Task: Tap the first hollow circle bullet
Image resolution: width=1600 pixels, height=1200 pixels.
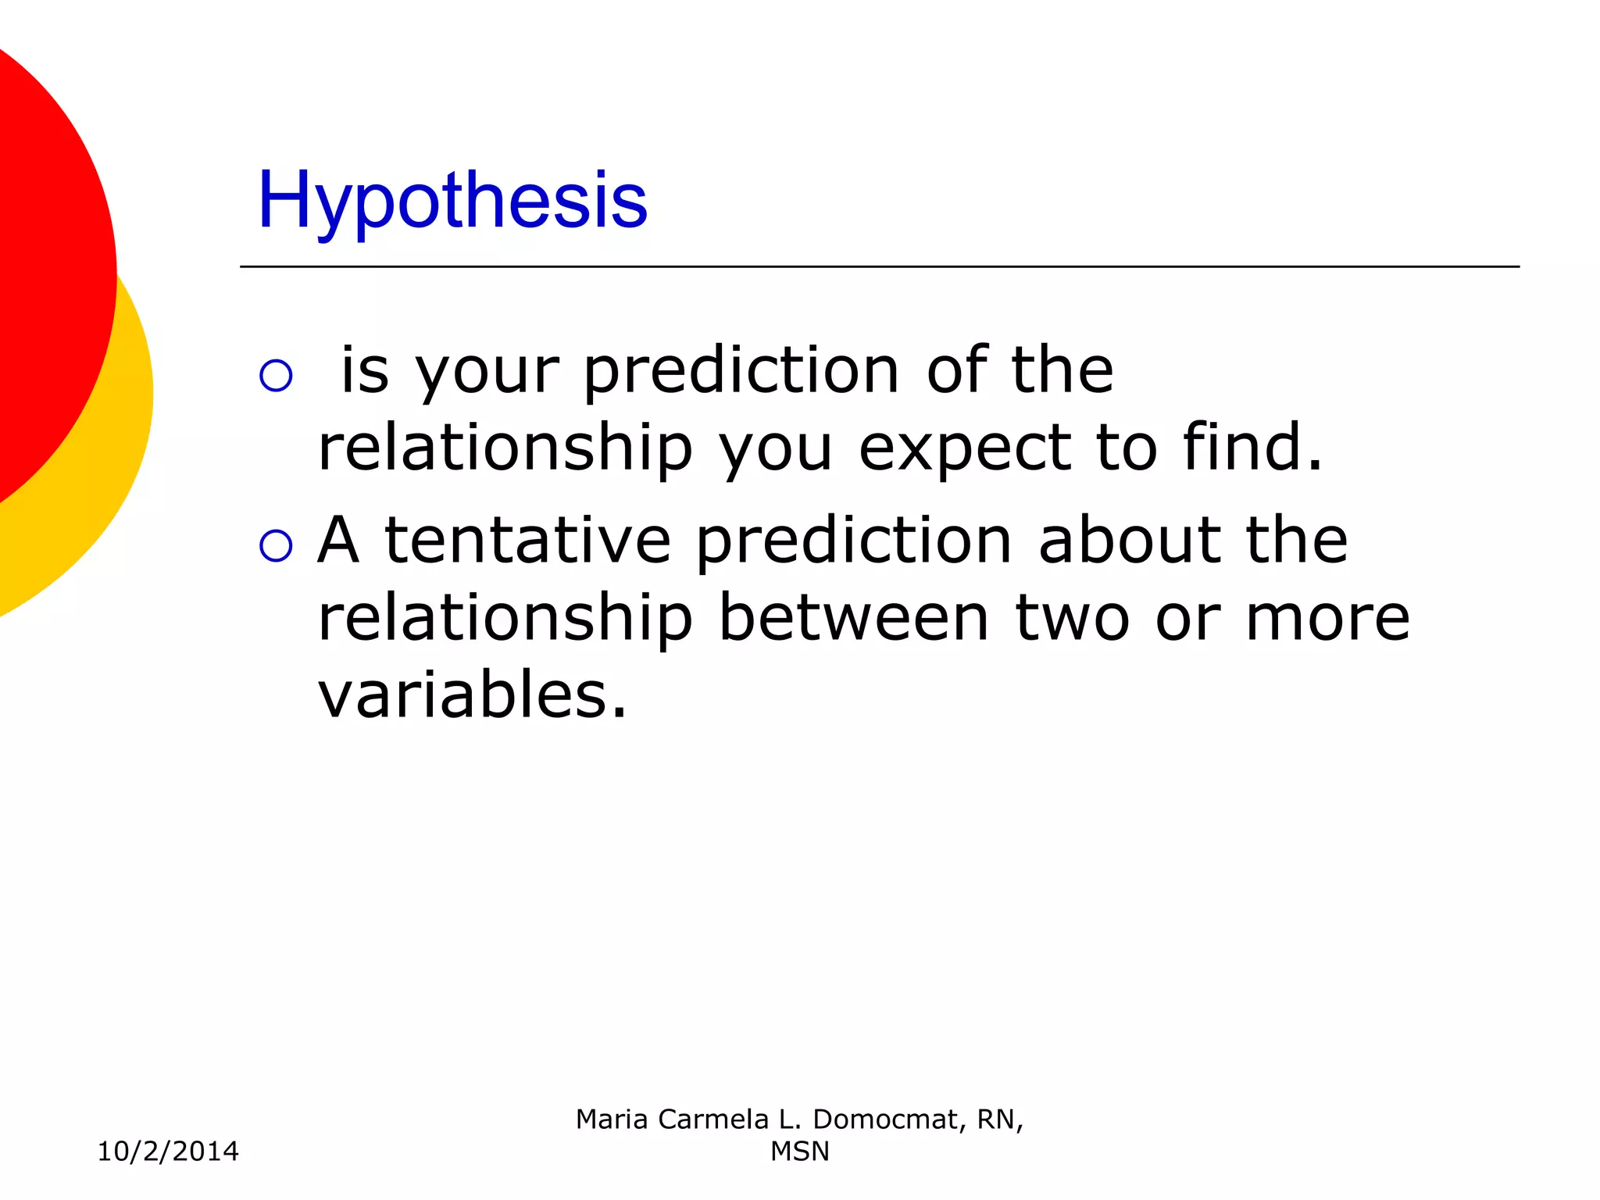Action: click(276, 376)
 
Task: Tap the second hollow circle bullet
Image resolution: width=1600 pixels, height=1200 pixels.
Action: click(276, 545)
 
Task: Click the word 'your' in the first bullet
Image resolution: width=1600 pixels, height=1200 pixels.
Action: click(487, 372)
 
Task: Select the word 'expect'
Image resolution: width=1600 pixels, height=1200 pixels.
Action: click(964, 449)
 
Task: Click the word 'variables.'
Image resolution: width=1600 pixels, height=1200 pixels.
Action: click(472, 695)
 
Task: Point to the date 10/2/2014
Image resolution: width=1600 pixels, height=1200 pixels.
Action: click(168, 1152)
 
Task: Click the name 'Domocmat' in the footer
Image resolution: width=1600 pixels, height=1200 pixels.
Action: click(885, 1120)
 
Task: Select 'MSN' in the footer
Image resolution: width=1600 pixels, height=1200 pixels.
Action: click(799, 1152)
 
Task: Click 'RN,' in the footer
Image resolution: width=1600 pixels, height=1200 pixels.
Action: click(1000, 1120)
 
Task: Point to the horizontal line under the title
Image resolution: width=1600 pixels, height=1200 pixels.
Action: click(879, 266)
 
